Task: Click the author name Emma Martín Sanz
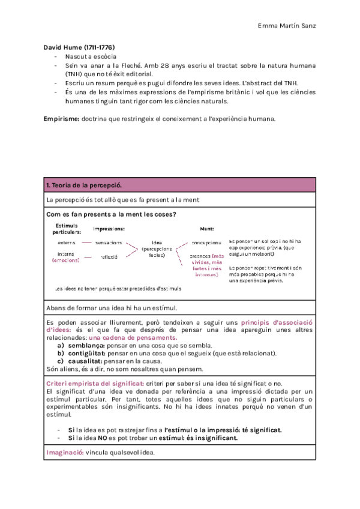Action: coord(287,25)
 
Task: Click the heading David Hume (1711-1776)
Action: coord(79,47)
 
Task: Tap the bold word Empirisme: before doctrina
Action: coord(61,119)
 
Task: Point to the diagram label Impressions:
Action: coord(109,229)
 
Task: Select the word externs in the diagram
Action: coord(67,242)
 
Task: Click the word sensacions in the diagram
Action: coord(109,242)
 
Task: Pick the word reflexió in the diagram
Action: coord(109,256)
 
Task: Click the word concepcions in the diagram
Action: coord(206,242)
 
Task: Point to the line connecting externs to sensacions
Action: coord(86,242)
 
